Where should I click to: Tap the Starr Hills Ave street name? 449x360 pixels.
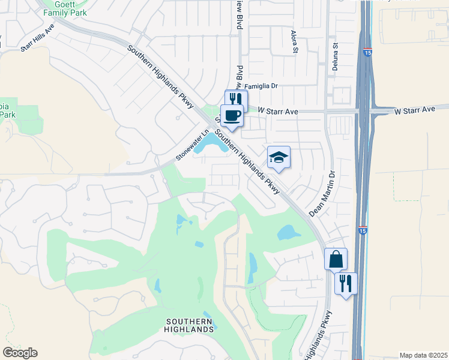tap(37, 38)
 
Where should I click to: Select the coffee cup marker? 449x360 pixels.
tap(232, 115)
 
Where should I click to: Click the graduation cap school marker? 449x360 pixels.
tap(279, 158)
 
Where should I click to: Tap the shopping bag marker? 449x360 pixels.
tap(336, 259)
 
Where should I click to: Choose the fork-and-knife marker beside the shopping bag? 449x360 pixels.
tap(346, 283)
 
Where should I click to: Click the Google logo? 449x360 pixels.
tap(20, 352)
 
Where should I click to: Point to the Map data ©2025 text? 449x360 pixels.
tap(423, 355)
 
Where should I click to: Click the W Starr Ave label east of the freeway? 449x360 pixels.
tap(414, 110)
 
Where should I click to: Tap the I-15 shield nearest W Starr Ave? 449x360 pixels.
tap(366, 53)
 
